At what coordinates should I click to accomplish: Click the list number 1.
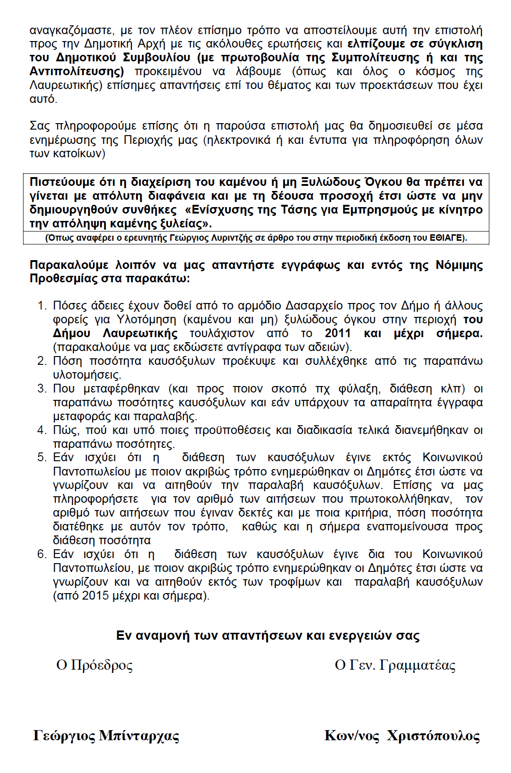coord(42,306)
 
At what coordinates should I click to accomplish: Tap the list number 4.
coord(42,430)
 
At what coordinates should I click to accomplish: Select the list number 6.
coord(42,554)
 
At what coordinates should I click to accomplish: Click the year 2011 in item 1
coord(338,333)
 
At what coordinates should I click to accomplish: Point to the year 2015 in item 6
coord(96,595)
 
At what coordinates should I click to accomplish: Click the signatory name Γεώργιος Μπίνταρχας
coord(106,736)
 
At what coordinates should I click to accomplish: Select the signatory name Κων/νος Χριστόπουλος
coord(402,736)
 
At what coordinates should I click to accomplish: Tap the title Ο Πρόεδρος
coord(95,665)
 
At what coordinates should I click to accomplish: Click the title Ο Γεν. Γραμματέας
coord(395,665)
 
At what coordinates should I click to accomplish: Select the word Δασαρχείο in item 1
coord(315,306)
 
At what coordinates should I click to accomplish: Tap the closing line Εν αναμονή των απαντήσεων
coord(267,636)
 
